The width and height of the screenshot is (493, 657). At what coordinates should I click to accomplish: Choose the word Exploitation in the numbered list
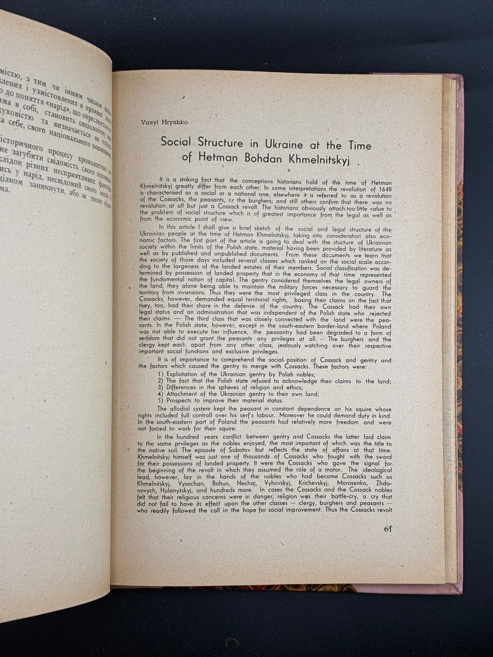(186, 374)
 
